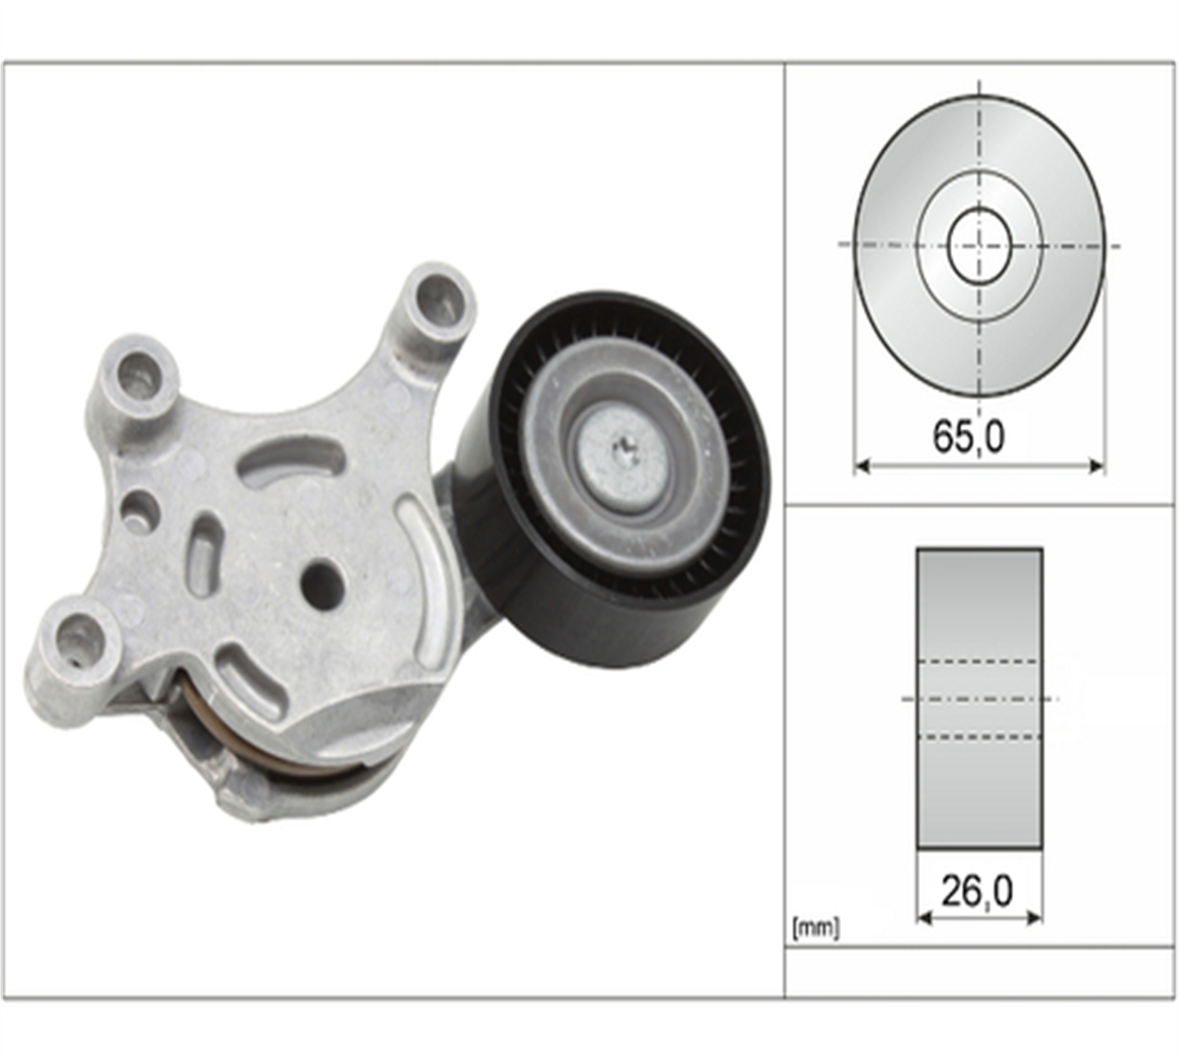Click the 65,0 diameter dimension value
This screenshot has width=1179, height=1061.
tap(969, 437)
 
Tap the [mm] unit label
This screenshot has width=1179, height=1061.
tap(814, 927)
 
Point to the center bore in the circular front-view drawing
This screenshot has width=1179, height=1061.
tap(980, 245)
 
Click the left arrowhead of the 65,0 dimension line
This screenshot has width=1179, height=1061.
tap(862, 466)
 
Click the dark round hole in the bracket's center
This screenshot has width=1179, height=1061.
tap(321, 582)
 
